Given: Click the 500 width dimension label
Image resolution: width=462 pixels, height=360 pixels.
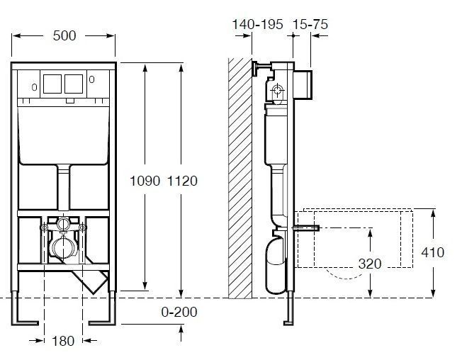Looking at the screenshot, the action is pos(64,35).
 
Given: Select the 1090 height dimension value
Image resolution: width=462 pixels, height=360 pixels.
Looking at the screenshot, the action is pos(145,181).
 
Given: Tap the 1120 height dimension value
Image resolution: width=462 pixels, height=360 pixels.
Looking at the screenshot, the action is pos(182,181).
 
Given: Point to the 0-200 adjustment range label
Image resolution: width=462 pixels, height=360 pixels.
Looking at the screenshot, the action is pos(179,312).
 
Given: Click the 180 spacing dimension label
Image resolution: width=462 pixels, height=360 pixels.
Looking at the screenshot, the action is pos(63,341).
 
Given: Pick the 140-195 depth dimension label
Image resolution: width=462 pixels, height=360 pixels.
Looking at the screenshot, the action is pos(257,24).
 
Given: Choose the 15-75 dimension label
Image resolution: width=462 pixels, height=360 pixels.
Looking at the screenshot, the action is pos(310,24).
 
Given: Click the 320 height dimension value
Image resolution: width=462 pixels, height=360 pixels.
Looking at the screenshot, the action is pos(370,264).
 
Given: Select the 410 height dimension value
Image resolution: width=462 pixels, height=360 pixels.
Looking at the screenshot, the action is pos(432,252).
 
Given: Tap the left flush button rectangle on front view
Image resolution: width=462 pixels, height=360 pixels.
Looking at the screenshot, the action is pos(52,84).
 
